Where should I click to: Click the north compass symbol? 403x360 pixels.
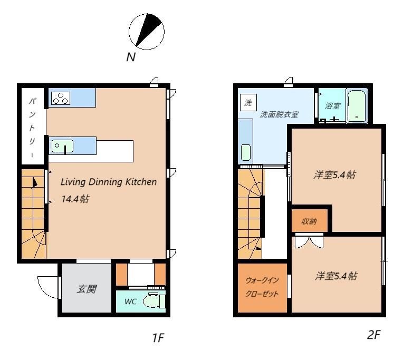coord(147,31)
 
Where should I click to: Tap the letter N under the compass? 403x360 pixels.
coord(131,57)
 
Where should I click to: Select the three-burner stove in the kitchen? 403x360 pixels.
coord(61,98)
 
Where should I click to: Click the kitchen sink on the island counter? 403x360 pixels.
coord(62,146)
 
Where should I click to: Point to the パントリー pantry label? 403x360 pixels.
coord(32,128)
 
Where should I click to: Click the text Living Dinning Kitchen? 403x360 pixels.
coord(109,182)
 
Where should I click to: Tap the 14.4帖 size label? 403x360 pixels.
coord(75,199)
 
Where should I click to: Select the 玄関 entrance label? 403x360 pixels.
coord(87,289)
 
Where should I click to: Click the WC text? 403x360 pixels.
coord(130,301)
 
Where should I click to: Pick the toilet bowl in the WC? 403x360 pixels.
coord(154,300)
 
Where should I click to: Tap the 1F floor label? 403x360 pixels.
coord(158,337)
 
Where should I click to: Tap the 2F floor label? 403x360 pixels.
coord(373,334)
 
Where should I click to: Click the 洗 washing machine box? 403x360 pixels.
coord(248,103)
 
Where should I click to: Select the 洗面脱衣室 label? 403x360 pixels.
coord(279,114)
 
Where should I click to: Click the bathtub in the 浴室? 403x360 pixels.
coord(356,105)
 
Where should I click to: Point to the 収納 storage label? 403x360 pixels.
coord(309,221)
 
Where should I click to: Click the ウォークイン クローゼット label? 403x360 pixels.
coord(262,287)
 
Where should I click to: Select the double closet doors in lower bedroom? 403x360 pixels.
coord(309,241)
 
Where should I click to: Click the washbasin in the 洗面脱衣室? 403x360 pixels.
coord(246,152)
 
